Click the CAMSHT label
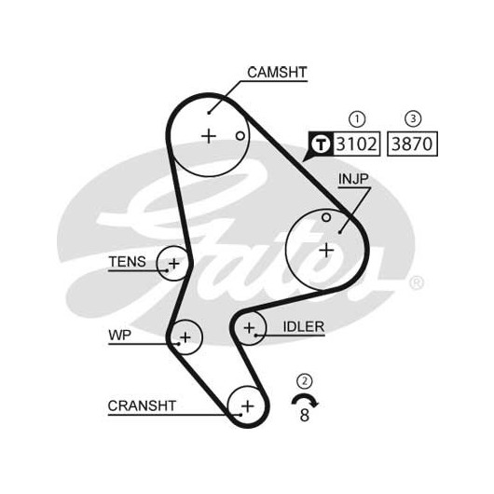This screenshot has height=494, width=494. point(277,73)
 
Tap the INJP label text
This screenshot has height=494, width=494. point(353,179)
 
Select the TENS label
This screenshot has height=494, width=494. point(128,262)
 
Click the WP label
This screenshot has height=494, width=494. point(119,336)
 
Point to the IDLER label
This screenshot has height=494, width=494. point(304,327)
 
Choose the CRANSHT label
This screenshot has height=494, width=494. point(142,405)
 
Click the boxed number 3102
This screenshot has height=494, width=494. point(356,144)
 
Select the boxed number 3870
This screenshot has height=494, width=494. point(412,144)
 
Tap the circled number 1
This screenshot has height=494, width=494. point(357,119)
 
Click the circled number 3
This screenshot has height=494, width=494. point(413,118)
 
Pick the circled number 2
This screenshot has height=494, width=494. point(305,381)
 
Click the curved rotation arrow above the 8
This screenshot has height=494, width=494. point(305,396)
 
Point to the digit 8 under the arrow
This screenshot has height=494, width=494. point(305,415)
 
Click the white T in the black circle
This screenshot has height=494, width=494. point(321,144)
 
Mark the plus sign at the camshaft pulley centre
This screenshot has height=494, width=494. point(209,136)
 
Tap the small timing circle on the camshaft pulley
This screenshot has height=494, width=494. point(240,136)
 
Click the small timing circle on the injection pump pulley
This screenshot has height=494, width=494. point(326,217)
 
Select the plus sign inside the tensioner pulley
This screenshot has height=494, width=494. point(174,264)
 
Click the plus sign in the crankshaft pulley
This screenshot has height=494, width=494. point(248,405)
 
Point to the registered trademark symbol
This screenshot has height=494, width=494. point(417,282)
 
